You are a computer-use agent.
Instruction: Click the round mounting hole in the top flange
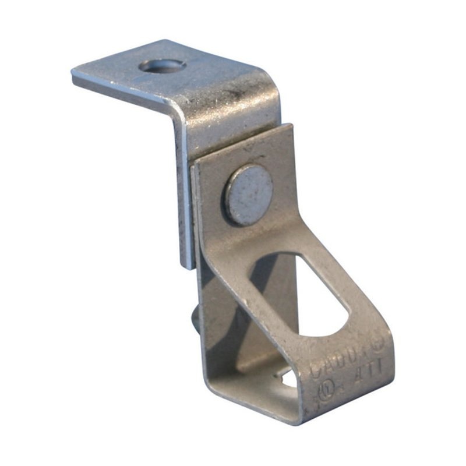pyautogui.click(x=163, y=66)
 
